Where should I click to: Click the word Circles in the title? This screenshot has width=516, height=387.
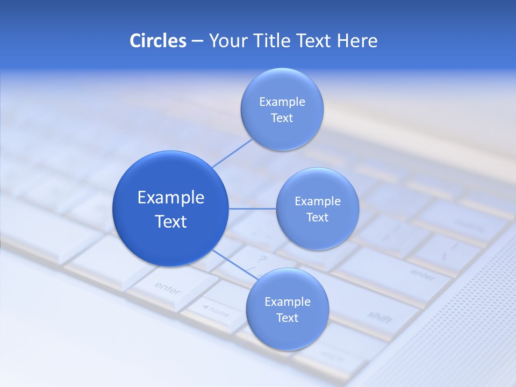point(157,41)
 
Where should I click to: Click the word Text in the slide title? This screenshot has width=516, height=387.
point(314,41)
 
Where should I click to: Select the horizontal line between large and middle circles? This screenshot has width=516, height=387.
point(253,209)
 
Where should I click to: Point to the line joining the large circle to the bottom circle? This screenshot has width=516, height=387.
point(233,265)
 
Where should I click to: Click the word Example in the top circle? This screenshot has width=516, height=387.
point(282,102)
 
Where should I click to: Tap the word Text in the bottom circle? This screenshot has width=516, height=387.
point(287,318)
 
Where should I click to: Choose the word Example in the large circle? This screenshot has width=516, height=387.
point(171,197)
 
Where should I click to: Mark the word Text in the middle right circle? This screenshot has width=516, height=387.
point(317,217)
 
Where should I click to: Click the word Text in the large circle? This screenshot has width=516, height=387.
point(171,221)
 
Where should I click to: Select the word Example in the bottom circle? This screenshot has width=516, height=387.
point(287,302)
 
